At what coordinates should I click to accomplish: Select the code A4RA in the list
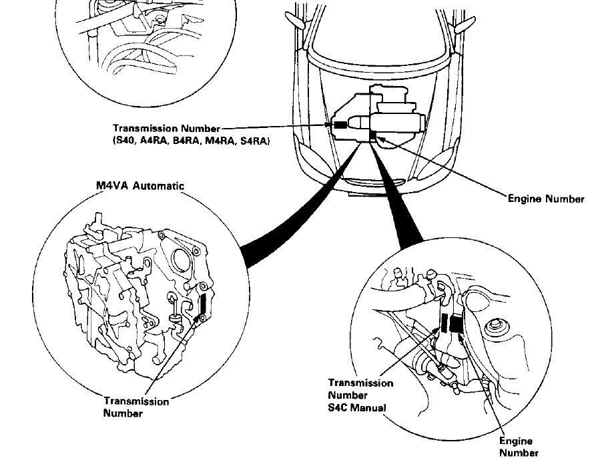[x=156, y=141]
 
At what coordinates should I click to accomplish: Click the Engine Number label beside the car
[x=546, y=199]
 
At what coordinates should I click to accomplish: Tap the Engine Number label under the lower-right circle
[x=519, y=447]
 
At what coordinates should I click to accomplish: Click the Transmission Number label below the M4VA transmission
[x=136, y=407]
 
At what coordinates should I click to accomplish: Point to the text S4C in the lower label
[x=337, y=407]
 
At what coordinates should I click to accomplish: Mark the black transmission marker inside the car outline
[x=340, y=125]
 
